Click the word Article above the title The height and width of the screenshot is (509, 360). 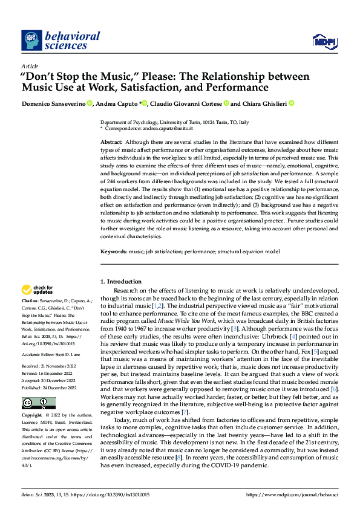(28, 66)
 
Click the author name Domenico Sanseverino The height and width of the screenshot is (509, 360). (53, 103)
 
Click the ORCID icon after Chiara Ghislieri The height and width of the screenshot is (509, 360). (291, 103)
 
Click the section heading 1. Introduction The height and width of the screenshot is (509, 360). (120, 281)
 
